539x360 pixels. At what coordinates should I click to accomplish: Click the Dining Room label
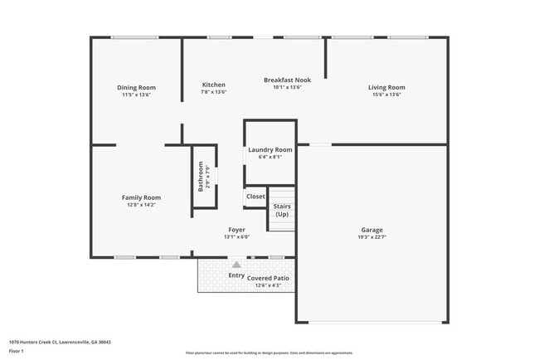[x=136, y=88]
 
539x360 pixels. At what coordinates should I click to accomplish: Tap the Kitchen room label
[x=213, y=85]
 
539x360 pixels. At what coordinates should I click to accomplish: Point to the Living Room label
[x=386, y=88]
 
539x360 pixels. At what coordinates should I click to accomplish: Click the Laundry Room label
[x=270, y=149]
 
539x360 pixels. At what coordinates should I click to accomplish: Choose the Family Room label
[x=141, y=197]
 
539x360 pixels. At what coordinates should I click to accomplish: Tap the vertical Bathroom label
[x=201, y=179]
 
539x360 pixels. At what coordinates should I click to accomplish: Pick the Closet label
[x=255, y=197]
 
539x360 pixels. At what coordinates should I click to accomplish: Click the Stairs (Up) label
[x=281, y=210]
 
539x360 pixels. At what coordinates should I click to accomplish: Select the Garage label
[x=371, y=230]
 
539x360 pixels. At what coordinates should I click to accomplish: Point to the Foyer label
[x=236, y=230]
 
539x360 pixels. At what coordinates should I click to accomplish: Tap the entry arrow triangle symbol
[x=236, y=265]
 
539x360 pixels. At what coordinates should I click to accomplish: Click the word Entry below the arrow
[x=236, y=275]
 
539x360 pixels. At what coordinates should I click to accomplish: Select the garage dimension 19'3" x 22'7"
[x=371, y=237]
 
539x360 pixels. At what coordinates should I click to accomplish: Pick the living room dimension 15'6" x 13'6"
[x=386, y=95]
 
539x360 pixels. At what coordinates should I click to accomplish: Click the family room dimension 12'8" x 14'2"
[x=141, y=205]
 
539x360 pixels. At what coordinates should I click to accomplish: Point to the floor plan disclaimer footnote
[x=269, y=353]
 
